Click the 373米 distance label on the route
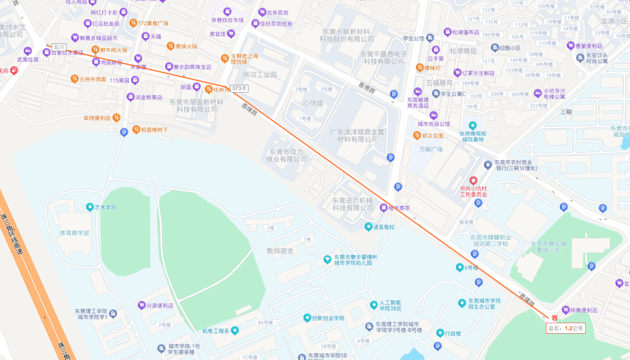click(239, 88)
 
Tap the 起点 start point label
click(59, 47)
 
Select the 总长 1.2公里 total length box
click(565, 328)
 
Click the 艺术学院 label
click(106, 207)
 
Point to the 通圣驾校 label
click(384, 227)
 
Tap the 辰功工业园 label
click(260, 75)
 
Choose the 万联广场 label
click(431, 149)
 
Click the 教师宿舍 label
click(280, 251)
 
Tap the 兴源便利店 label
click(159, 305)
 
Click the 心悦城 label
click(312, 103)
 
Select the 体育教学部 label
click(75, 233)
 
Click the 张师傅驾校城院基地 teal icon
click(473, 125)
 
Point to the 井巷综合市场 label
click(227, 20)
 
